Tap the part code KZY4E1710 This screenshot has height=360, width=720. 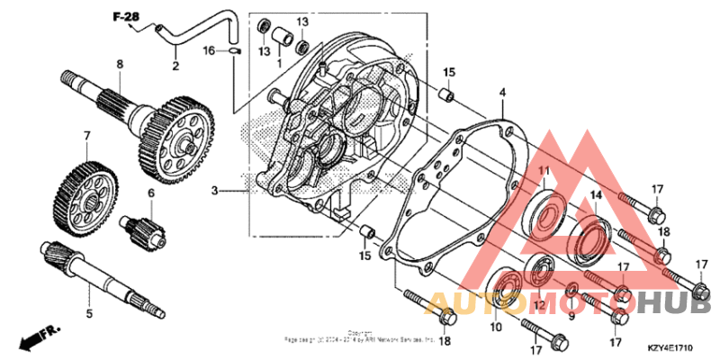(670, 346)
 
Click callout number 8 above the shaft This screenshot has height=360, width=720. (118, 64)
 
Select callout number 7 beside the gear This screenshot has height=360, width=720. (87, 137)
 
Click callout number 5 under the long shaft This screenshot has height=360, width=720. (89, 314)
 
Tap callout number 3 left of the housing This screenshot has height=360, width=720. (215, 191)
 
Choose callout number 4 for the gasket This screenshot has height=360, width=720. (503, 92)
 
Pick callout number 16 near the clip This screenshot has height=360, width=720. (208, 51)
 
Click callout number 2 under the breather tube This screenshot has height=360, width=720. (175, 66)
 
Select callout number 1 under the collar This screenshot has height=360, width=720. (279, 66)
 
